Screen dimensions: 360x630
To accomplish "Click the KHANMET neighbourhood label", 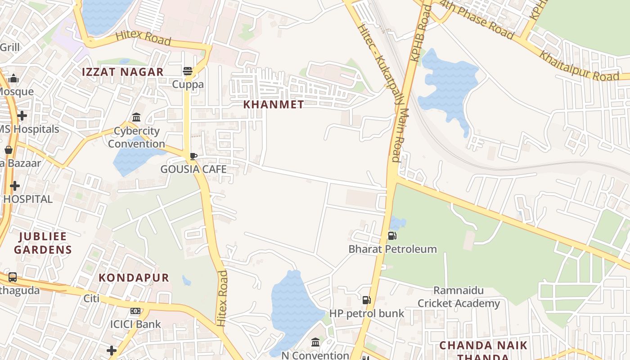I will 273,104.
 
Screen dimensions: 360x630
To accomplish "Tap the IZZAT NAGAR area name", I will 122,72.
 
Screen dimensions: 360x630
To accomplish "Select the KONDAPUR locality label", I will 134,278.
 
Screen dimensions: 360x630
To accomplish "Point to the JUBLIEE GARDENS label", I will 43,243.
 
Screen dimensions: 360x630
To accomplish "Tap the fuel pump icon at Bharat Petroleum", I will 392,236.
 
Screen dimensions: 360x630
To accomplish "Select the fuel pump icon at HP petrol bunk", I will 367,300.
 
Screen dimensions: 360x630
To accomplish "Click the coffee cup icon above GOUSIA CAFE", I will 193,156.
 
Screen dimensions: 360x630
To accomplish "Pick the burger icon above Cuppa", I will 188,71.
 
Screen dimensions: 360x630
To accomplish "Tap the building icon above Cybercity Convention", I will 136,117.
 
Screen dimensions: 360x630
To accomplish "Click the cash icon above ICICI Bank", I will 135,311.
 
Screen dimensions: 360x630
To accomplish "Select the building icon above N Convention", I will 315,342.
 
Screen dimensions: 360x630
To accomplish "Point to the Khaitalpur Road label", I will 579,66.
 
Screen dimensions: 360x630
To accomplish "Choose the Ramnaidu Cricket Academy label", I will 459,297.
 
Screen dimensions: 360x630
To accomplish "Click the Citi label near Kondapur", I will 91,298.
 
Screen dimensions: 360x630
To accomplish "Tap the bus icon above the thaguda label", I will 13,277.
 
